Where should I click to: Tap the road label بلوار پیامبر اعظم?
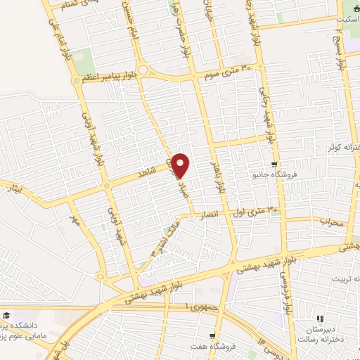[x=106, y=77]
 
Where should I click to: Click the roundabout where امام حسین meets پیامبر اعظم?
[x=143, y=70]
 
